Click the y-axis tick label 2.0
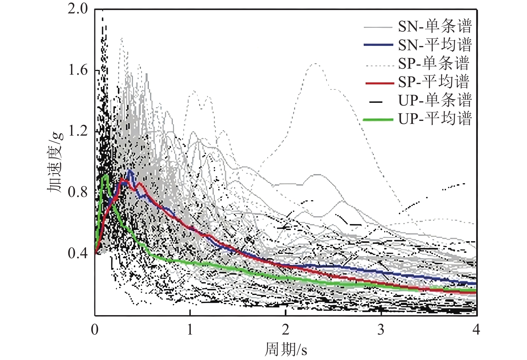78,9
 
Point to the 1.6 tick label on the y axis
78,70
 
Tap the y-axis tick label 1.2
78,131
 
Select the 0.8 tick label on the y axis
78,192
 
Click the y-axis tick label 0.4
78,253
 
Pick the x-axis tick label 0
95,330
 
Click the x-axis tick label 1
190,330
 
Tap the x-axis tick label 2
285,330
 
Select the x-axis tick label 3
381,330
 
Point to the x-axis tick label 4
476,330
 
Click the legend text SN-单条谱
435,26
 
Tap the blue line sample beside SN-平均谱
378,45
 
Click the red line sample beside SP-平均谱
379,82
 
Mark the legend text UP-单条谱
435,100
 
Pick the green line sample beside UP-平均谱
378,119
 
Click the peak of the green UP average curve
105,175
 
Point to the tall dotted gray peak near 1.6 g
315,64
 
